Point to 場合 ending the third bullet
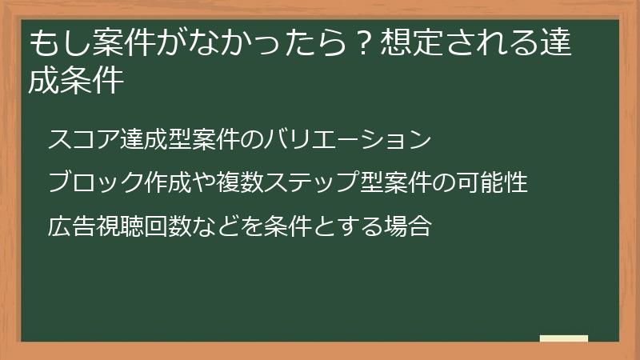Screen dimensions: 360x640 (x=410, y=226)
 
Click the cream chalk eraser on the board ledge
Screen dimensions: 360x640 (x=564, y=338)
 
